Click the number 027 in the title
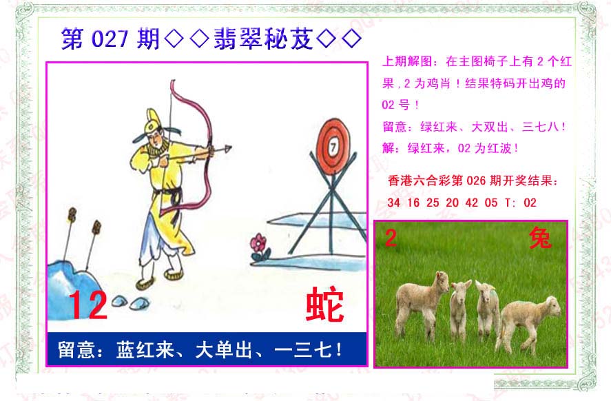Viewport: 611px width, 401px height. click(110, 39)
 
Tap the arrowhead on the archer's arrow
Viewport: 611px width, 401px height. click(227, 148)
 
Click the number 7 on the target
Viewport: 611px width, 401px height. click(333, 147)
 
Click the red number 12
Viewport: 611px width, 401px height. click(87, 305)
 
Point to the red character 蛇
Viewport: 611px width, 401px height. click(325, 305)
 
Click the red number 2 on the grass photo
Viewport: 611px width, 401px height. click(391, 238)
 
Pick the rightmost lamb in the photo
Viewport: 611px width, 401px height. click(528, 322)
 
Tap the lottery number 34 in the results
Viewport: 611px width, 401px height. click(393, 203)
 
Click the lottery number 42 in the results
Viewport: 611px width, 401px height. click(471, 203)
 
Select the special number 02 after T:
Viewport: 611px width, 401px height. click(530, 203)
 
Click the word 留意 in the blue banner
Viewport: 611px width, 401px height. click(76, 349)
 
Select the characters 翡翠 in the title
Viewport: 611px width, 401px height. click(238, 39)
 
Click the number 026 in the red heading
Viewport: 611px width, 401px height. click(476, 181)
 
